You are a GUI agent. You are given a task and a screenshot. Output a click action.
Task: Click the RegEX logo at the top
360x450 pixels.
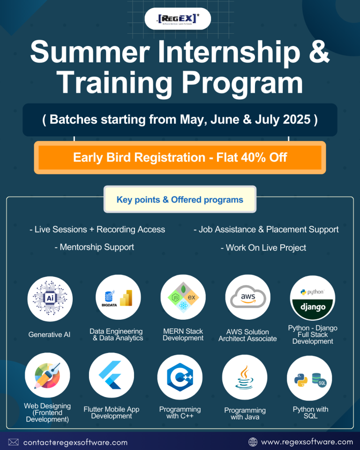pos(178,19)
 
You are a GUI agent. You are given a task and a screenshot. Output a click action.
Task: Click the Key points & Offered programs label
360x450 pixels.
pos(180,200)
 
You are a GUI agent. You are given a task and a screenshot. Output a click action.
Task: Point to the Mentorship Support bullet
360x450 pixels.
pos(94,247)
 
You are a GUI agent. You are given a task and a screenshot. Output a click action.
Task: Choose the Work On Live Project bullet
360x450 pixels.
pos(263,247)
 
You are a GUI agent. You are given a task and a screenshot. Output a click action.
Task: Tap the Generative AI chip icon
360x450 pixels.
pos(50,299)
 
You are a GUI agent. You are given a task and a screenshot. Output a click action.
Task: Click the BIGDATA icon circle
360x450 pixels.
pos(118,297)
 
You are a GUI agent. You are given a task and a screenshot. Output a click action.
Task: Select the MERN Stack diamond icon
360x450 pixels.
pos(183,297)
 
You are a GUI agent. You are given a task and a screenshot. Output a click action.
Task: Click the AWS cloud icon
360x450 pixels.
pos(248,297)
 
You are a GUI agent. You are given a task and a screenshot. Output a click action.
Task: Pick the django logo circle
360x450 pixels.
pos(313,298)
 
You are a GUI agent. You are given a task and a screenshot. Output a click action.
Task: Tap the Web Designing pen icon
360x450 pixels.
pos(48,375)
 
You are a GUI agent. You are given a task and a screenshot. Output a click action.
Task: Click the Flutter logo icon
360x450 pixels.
pos(112,375)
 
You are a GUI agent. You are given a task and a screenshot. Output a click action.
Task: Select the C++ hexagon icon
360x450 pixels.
pos(180,377)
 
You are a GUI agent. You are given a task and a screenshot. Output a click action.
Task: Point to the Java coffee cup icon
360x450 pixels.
pos(245,377)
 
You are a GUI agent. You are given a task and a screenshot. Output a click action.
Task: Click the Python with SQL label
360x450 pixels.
pos(310,412)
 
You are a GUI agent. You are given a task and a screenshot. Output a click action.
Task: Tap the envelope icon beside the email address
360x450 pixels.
pos(14,442)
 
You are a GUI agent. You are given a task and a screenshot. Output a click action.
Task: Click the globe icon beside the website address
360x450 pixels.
pos(253,442)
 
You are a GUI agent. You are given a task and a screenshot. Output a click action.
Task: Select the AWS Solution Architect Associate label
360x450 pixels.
pos(247,335)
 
